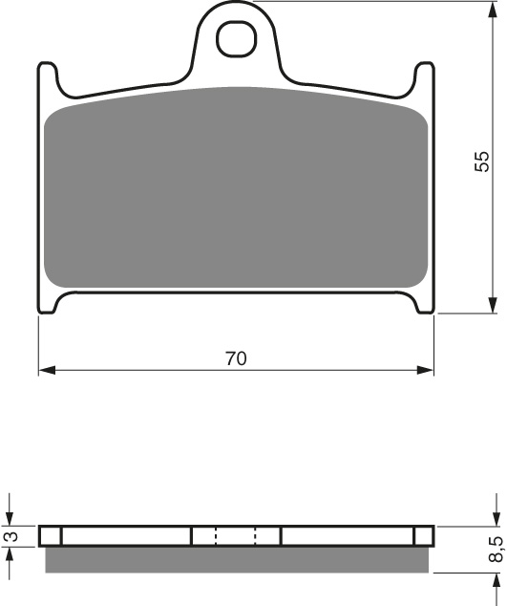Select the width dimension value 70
(x=236, y=359)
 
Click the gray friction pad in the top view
(x=236, y=191)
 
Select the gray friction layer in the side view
(x=236, y=560)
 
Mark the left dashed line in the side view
(x=216, y=536)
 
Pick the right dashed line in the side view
(x=256, y=536)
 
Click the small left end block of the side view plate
(x=50, y=536)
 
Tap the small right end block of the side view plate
(x=422, y=536)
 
